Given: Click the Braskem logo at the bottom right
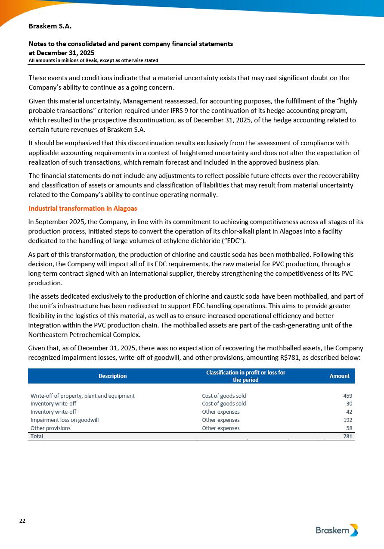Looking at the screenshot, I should click(337, 530).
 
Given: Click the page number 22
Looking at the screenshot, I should click(22, 521).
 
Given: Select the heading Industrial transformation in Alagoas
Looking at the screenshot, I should click(83, 209).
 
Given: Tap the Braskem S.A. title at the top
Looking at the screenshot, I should click(50, 26).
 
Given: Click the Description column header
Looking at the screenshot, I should click(112, 376).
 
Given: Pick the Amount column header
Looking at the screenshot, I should click(339, 376).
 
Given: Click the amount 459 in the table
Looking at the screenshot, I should click(347, 396).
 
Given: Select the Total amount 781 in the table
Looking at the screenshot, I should click(347, 436).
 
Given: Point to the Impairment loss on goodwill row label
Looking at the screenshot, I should click(65, 420).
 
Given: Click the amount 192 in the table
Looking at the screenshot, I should click(347, 420).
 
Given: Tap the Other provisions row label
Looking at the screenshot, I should click(50, 428).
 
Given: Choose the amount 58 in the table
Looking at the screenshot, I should click(349, 428).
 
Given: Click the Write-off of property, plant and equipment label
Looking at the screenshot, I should click(82, 396).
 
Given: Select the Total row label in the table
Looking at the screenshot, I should click(37, 436).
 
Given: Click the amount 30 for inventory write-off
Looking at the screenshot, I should click(349, 404).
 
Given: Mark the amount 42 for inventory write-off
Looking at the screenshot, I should click(349, 412).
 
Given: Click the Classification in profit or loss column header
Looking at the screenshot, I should click(245, 376).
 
